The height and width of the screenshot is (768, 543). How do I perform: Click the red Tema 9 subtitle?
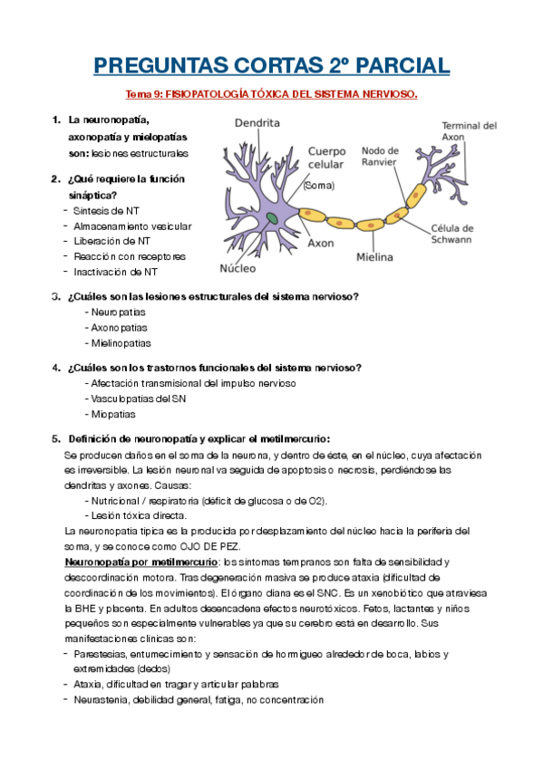(x=271, y=95)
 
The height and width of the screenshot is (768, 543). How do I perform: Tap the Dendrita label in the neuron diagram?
(x=257, y=123)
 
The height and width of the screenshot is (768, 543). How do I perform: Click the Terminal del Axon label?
(x=469, y=132)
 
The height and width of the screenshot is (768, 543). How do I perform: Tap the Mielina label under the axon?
(x=374, y=257)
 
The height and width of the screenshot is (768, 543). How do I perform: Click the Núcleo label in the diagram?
(x=238, y=268)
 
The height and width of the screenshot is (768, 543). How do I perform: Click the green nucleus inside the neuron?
(x=272, y=217)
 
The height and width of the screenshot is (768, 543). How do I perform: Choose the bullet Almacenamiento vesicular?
(x=132, y=226)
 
